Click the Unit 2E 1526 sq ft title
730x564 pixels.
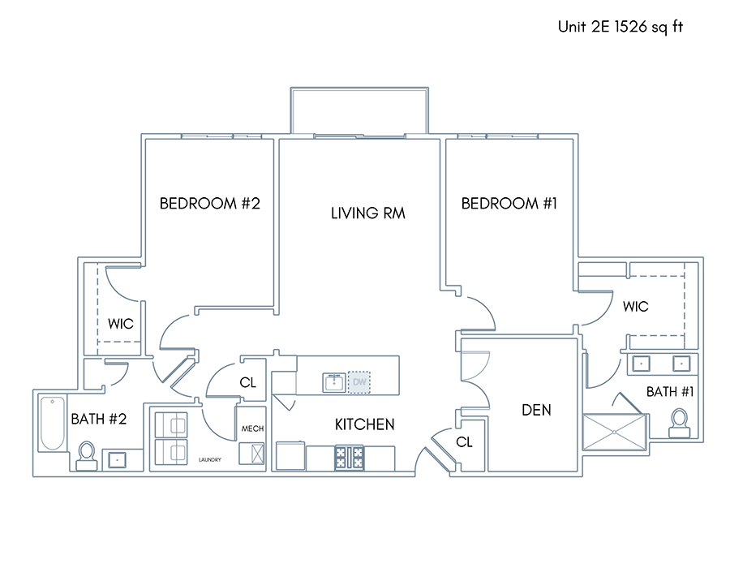(x=620, y=27)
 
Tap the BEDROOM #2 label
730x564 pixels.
(x=209, y=204)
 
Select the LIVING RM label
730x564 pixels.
(x=367, y=213)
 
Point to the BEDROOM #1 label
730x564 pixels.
(x=509, y=204)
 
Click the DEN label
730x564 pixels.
(x=536, y=410)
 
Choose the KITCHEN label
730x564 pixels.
(x=364, y=424)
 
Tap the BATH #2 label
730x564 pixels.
(x=99, y=420)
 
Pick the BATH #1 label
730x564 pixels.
(x=670, y=392)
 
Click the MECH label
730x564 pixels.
(x=252, y=428)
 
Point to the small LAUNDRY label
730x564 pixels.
(x=210, y=459)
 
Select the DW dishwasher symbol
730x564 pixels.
(x=359, y=382)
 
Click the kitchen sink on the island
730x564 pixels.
(x=334, y=383)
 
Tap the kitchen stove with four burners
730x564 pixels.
(x=349, y=457)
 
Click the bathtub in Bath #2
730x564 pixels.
(x=52, y=424)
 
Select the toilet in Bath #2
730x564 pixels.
(x=87, y=456)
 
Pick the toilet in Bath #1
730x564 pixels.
(x=679, y=424)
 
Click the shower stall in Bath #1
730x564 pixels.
(x=615, y=433)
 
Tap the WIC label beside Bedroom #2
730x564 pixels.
(x=121, y=324)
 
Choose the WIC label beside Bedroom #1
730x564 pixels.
(x=635, y=307)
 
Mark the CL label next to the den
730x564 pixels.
(x=464, y=441)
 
